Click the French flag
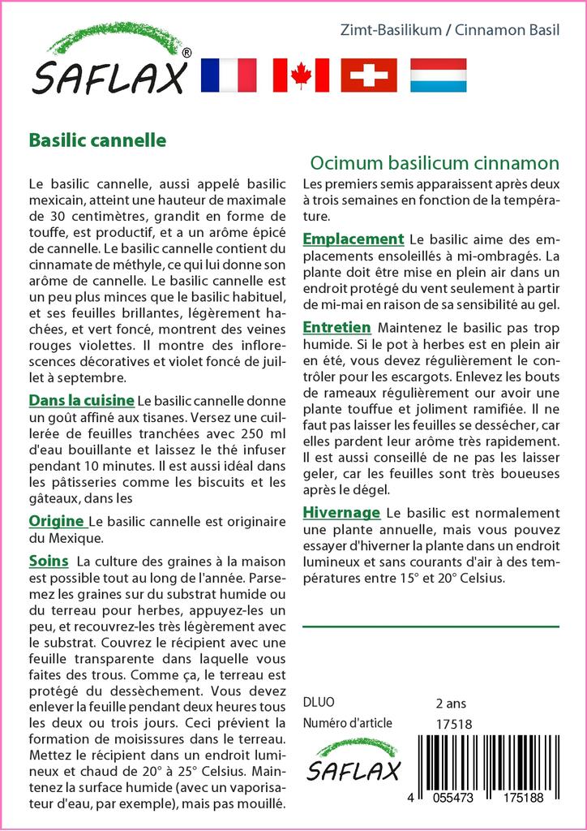point(228,75)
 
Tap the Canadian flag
point(301,75)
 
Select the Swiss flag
point(369,75)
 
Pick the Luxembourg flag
point(438,75)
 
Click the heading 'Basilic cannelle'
point(97,140)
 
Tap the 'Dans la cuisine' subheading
point(81,400)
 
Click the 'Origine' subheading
point(57,520)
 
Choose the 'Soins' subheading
point(49,561)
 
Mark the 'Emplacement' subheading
point(353,239)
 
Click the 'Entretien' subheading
point(336,327)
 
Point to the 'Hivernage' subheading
point(341,513)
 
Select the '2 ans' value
point(451,703)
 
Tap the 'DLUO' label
point(318,703)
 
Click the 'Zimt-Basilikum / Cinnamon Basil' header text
point(450,30)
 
